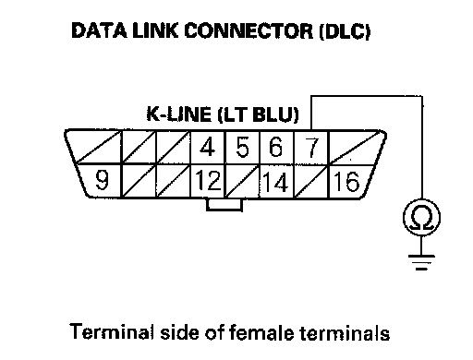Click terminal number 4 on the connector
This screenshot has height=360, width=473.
click(x=208, y=147)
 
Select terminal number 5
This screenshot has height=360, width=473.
click(x=243, y=147)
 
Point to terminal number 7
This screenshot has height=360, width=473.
click(x=311, y=147)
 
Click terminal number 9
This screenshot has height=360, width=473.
click(x=101, y=181)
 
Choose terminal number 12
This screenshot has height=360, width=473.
click(x=208, y=181)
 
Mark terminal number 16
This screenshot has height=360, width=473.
click(x=347, y=181)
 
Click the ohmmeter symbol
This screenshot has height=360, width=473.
click(x=421, y=218)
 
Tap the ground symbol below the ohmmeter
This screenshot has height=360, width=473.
click(x=421, y=262)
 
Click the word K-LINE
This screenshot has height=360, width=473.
click(x=179, y=114)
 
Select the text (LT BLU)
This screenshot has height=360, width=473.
click(x=258, y=114)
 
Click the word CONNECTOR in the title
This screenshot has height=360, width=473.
click(x=249, y=30)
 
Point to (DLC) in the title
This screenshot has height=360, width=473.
click(x=345, y=31)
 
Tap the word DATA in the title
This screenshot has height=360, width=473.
click(x=99, y=30)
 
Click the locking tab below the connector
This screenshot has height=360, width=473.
click(x=224, y=205)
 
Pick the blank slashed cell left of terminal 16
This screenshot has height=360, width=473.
click(x=311, y=181)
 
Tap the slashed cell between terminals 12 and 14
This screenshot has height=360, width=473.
click(x=243, y=181)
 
